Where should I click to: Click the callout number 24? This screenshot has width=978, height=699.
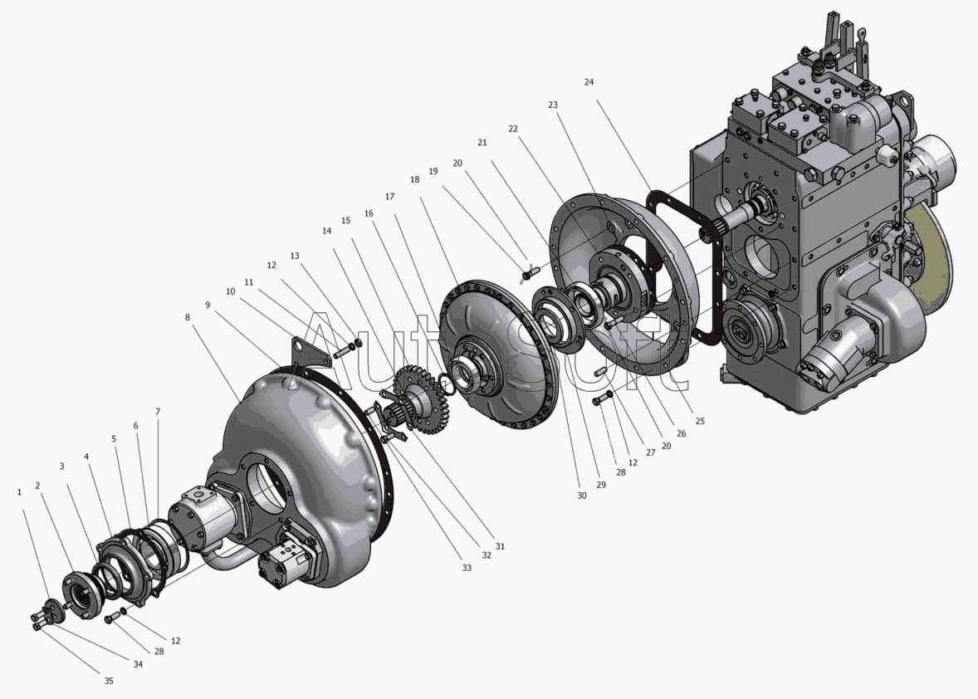click(x=589, y=81)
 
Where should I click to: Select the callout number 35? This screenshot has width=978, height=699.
click(x=109, y=681)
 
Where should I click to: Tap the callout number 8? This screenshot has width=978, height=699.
click(x=187, y=317)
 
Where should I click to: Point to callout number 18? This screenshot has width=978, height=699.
click(x=415, y=179)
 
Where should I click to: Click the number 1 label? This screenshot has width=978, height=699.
click(x=19, y=492)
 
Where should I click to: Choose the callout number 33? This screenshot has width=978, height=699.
click(x=467, y=568)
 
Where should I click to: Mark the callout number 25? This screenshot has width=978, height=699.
click(x=700, y=421)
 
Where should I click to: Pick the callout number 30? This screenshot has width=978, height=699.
click(x=581, y=496)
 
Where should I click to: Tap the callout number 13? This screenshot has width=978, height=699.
click(x=295, y=256)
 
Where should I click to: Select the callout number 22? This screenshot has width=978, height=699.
click(x=513, y=129)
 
